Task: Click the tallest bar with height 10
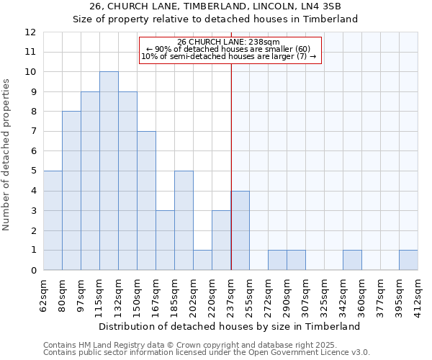click(109, 171)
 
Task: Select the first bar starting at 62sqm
click(53, 220)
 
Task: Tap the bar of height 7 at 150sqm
click(146, 200)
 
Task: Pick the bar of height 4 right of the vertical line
click(240, 230)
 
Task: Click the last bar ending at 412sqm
click(408, 260)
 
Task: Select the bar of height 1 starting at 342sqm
click(352, 260)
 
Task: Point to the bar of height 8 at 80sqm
click(71, 191)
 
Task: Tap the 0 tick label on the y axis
click(32, 271)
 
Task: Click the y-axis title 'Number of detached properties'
click(7, 155)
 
